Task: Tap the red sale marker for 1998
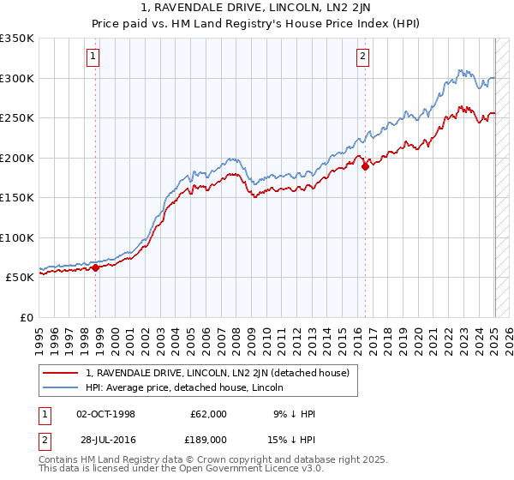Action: coord(95,267)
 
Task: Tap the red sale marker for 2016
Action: coord(365,166)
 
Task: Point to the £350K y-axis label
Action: coord(17,39)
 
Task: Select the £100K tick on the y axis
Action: coord(17,237)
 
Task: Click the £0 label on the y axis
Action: coord(27,317)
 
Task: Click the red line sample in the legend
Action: coord(62,373)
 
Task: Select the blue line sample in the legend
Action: coord(62,387)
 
